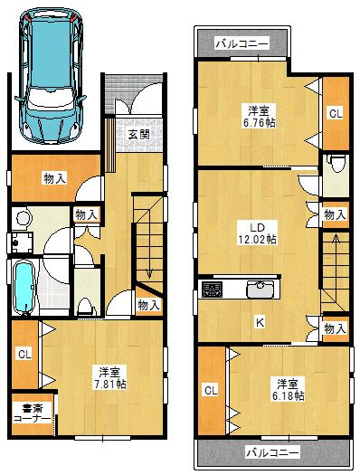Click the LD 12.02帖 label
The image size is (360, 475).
(x=258, y=233)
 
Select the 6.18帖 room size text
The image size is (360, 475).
(x=287, y=390)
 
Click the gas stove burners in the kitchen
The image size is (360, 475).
(x=213, y=290)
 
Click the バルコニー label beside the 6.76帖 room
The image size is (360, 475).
(x=240, y=42)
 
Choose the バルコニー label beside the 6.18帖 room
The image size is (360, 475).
(x=271, y=450)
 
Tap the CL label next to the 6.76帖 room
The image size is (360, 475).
(x=336, y=114)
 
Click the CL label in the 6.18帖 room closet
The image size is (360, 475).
(x=211, y=390)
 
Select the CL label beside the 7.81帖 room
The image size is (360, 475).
(x=24, y=354)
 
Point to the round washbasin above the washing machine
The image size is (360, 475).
(x=24, y=217)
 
